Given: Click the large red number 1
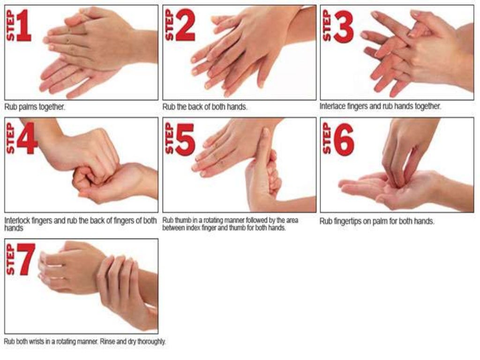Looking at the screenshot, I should coord(24,28).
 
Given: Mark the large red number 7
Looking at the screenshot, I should coord(26,260).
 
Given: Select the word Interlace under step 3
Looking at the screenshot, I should coord(331,106).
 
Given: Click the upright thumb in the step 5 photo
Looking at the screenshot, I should coord(264,150).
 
